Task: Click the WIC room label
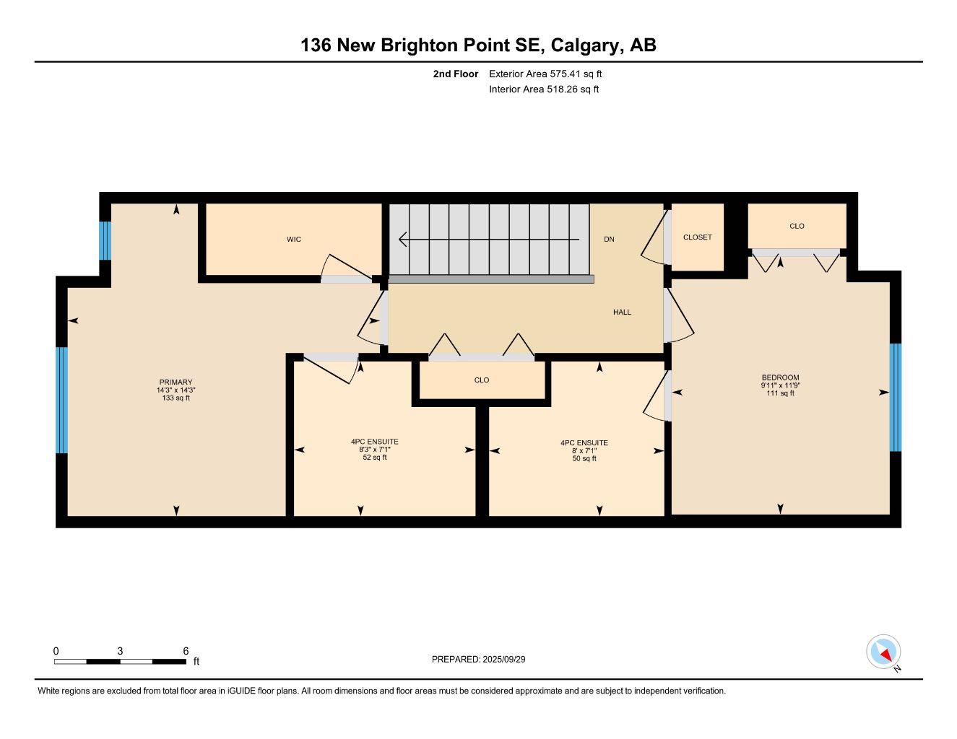[293, 240]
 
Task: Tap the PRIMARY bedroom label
[176, 382]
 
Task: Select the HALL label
[622, 312]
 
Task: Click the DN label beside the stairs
[609, 240]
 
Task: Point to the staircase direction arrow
[488, 239]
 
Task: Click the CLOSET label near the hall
[697, 237]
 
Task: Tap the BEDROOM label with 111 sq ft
[780, 377]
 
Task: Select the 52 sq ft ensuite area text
[374, 458]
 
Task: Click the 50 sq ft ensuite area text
[584, 459]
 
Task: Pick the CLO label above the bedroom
[797, 227]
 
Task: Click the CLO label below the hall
[482, 380]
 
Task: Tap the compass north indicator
[884, 652]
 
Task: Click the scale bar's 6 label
[186, 651]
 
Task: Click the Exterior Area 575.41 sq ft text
[545, 74]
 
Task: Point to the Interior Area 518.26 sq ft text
[544, 89]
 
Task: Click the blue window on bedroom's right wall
[896, 397]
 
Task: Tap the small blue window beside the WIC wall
[105, 240]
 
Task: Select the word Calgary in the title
[585, 45]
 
